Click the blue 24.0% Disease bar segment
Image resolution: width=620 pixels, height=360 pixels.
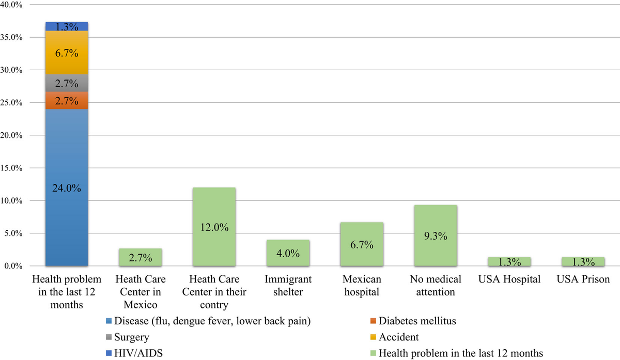[66, 188]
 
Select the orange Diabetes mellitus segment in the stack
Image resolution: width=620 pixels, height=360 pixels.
[66, 101]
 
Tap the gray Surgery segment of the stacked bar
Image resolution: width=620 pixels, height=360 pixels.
[66, 83]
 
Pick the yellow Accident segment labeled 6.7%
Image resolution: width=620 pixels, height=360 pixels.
[66, 53]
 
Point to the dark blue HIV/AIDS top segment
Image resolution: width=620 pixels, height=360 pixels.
[66, 26]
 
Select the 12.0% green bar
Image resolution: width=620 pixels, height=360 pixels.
[214, 227]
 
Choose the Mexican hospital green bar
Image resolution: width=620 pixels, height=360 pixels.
[361, 244]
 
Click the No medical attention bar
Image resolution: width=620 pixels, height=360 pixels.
[435, 236]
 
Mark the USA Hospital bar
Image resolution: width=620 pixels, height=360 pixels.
[509, 262]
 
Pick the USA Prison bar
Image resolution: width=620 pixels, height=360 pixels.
[583, 262]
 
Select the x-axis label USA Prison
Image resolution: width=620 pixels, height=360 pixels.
[583, 279]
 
